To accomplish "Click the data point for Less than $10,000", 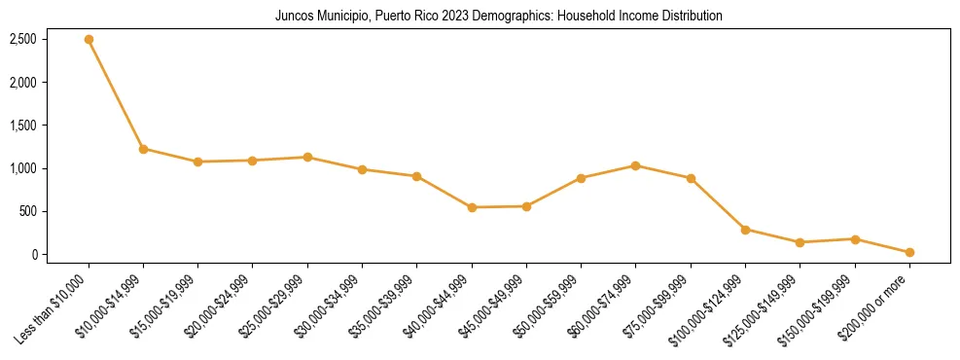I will [89, 40].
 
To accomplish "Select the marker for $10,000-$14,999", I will [143, 149].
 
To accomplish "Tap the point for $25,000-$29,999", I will [307, 157].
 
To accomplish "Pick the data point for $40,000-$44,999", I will [472, 207].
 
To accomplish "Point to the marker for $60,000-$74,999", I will [636, 165].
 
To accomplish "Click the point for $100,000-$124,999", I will [745, 230].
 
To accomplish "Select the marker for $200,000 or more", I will [909, 252].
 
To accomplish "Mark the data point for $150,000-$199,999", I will [855, 238].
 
